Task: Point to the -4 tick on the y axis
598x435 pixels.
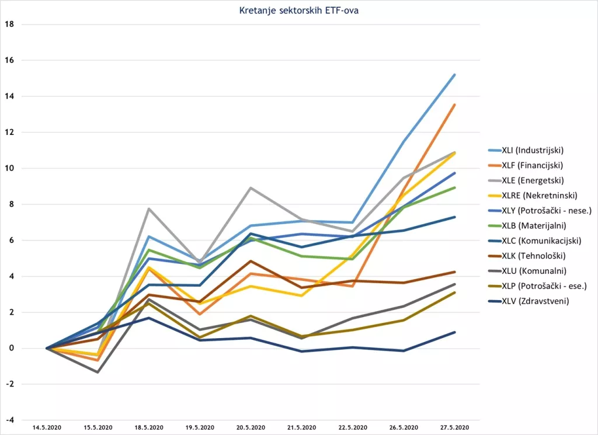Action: pyautogui.click(x=9, y=420)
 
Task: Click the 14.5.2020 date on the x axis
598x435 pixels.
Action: pyautogui.click(x=47, y=428)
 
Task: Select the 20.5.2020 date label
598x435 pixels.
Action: pyautogui.click(x=251, y=428)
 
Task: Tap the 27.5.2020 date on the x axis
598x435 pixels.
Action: pyautogui.click(x=454, y=428)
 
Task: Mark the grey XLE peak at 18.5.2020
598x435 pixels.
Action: pyautogui.click(x=149, y=208)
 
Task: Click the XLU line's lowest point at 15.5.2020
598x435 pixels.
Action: pyautogui.click(x=98, y=372)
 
